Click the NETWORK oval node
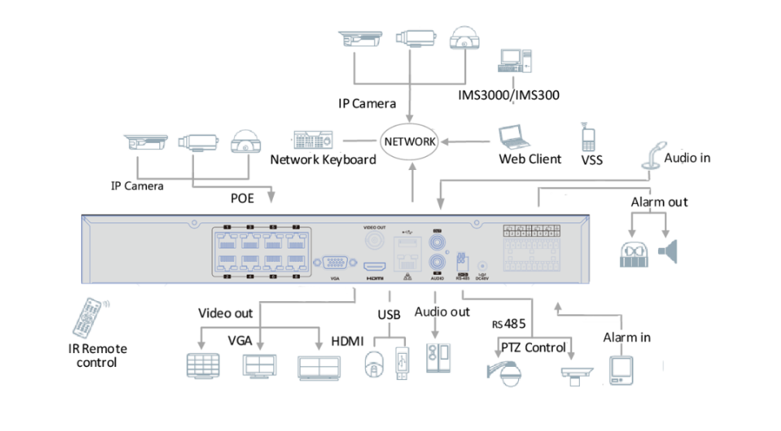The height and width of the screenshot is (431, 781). point(409,142)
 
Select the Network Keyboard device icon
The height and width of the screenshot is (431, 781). point(312,140)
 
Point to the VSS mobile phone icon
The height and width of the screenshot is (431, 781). point(588,137)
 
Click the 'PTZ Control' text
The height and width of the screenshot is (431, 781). point(534,347)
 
